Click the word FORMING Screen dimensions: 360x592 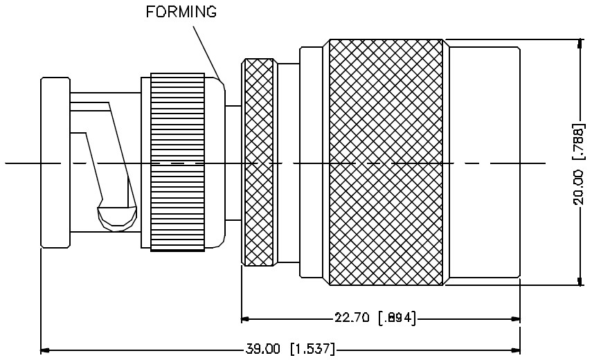181,12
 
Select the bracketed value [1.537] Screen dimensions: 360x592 313,348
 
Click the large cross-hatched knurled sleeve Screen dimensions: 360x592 386,163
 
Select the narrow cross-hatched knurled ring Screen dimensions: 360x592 259,163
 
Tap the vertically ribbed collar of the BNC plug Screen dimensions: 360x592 178,163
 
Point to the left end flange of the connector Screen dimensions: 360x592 55,163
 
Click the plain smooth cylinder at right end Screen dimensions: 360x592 483,163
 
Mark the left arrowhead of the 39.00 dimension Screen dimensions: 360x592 45,348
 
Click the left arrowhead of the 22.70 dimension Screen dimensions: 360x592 245,318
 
